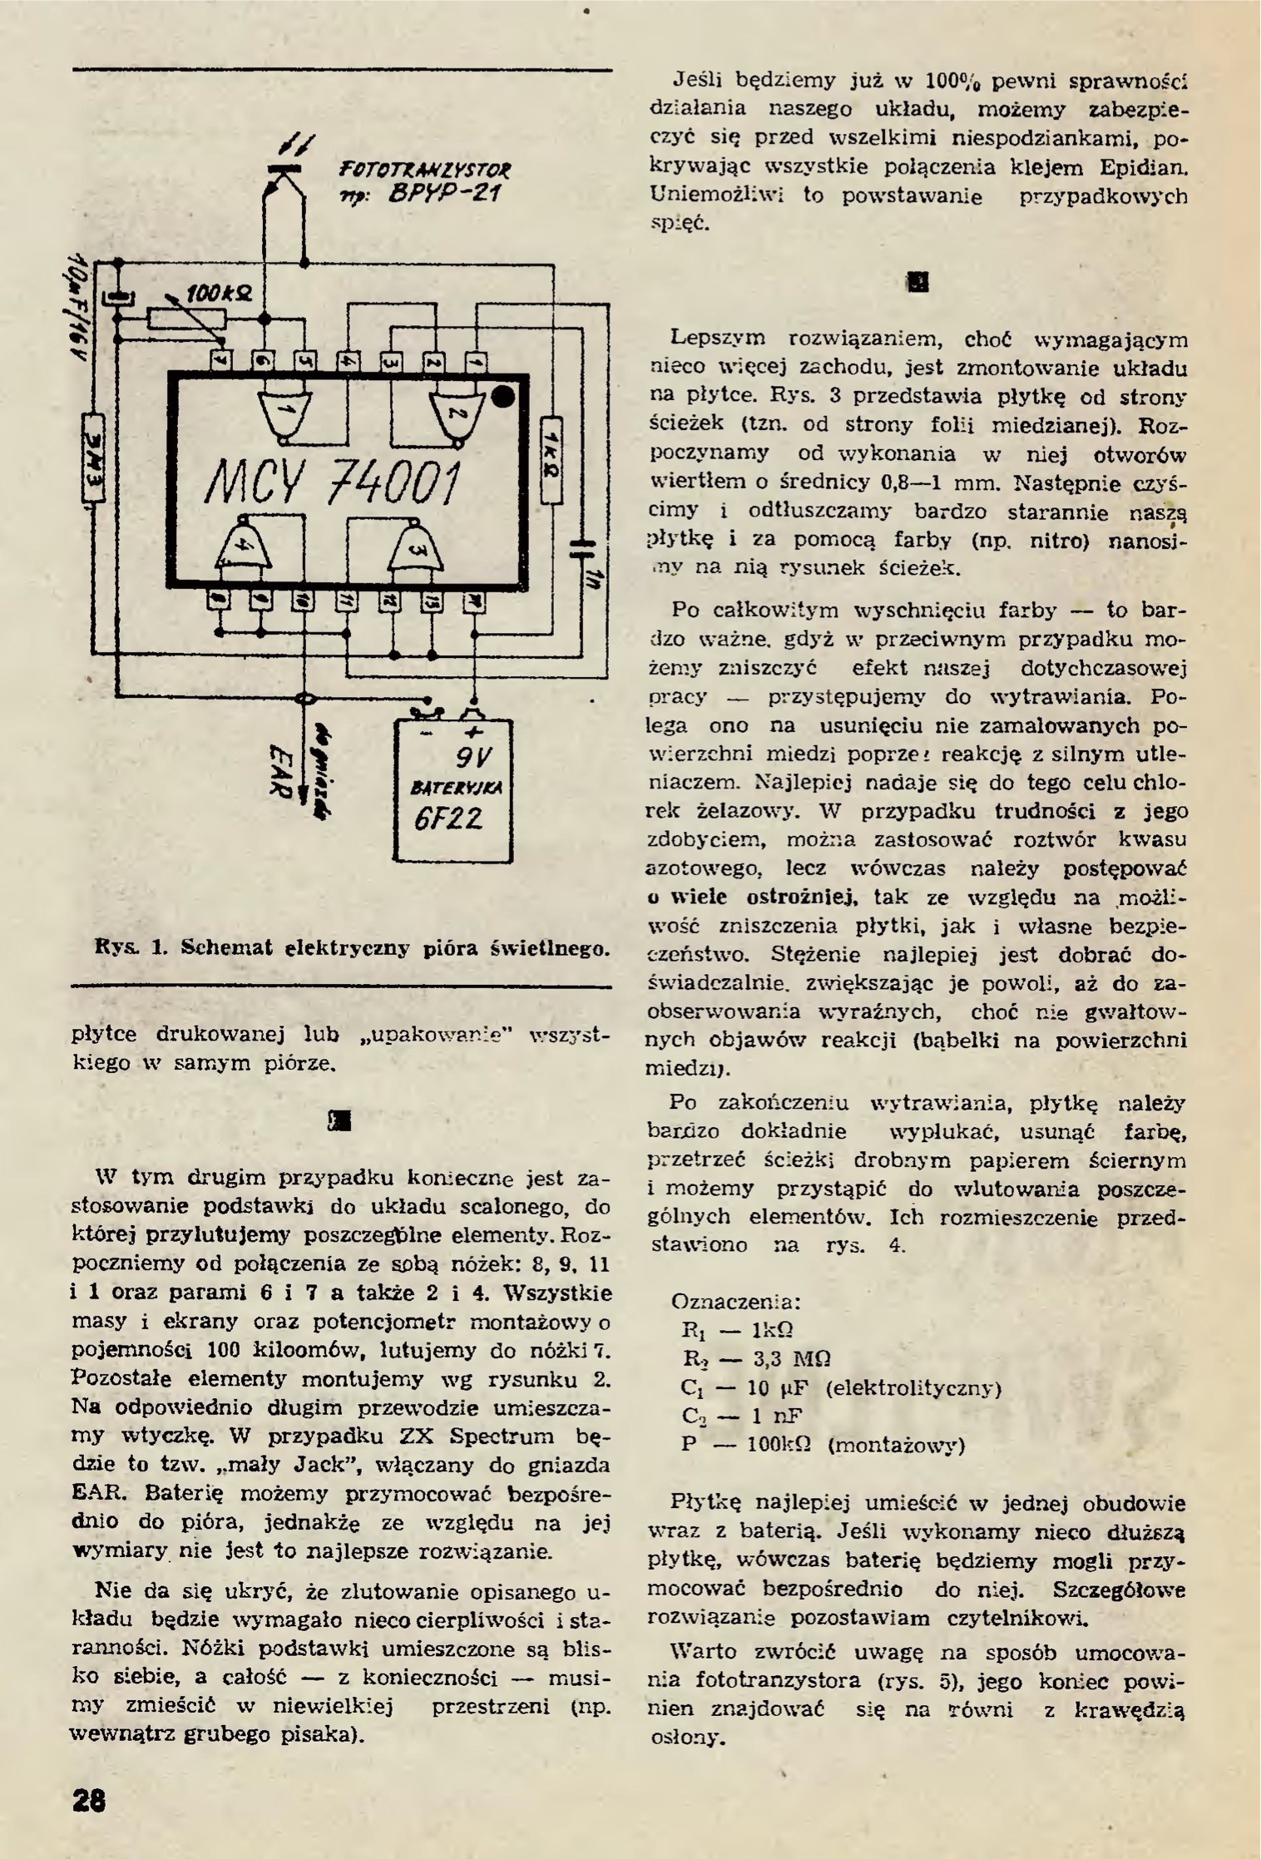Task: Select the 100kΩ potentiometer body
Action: click(186, 319)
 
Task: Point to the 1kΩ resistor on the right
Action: click(551, 458)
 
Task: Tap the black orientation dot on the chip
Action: click(503, 397)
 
